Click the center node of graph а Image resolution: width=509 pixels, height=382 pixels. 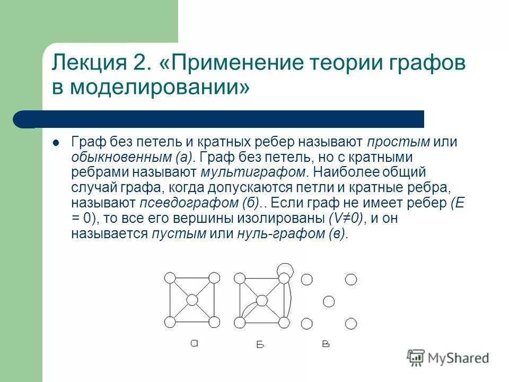click(x=191, y=300)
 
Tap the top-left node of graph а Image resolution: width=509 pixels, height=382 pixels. click(x=170, y=278)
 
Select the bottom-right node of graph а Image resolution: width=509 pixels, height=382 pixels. click(x=214, y=322)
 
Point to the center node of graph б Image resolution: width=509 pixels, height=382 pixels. click(x=261, y=301)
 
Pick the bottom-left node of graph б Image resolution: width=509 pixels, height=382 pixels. click(x=240, y=323)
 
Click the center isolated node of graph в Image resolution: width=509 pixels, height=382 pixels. click(x=329, y=301)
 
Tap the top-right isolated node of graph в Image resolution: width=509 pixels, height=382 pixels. click(x=350, y=279)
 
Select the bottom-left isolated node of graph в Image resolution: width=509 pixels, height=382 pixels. click(x=306, y=323)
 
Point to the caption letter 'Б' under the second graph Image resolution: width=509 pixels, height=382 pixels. click(x=260, y=345)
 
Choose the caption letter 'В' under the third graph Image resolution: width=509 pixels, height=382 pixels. click(x=326, y=344)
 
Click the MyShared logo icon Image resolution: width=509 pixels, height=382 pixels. click(x=416, y=358)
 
